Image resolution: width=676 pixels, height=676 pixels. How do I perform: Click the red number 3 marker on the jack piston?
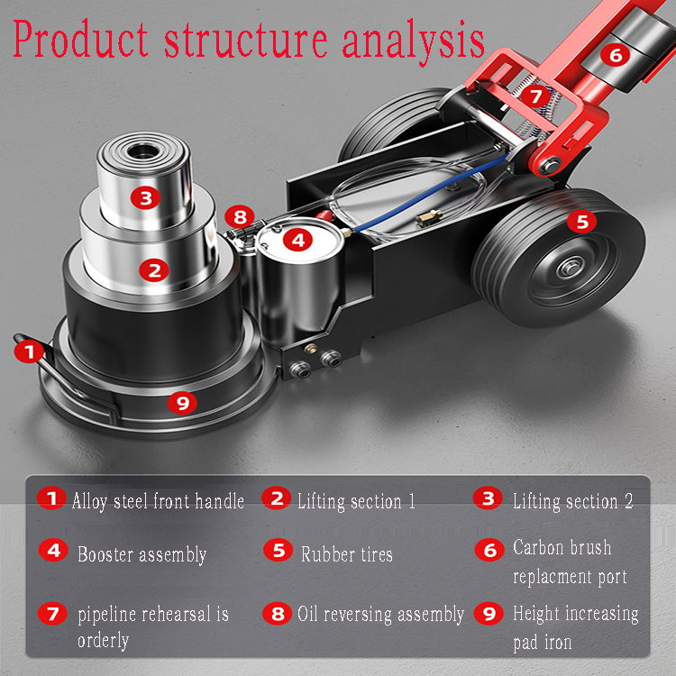point(146,197)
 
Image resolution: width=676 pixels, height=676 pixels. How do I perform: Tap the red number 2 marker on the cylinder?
point(155,269)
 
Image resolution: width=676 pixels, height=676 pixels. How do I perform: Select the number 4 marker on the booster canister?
point(298,240)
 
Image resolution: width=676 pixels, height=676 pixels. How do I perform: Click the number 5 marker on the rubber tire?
point(582,219)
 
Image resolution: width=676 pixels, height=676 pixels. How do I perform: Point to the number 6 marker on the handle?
point(616,55)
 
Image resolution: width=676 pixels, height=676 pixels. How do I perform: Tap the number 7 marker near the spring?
point(536,95)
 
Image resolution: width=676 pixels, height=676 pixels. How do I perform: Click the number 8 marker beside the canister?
point(239,216)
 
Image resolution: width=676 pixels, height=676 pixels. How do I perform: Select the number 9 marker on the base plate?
point(183,403)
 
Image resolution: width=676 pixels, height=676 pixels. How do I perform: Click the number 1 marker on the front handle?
point(31,351)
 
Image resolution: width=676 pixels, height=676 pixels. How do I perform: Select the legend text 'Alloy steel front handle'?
point(158,501)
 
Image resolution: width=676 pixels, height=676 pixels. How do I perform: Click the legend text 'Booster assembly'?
point(142,554)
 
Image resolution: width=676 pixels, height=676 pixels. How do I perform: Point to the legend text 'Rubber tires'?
point(347,554)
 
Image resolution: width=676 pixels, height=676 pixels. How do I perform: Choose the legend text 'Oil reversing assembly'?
point(380,615)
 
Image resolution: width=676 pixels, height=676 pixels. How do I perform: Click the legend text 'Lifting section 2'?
point(572,501)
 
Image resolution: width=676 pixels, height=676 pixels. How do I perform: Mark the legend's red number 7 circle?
point(52,615)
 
